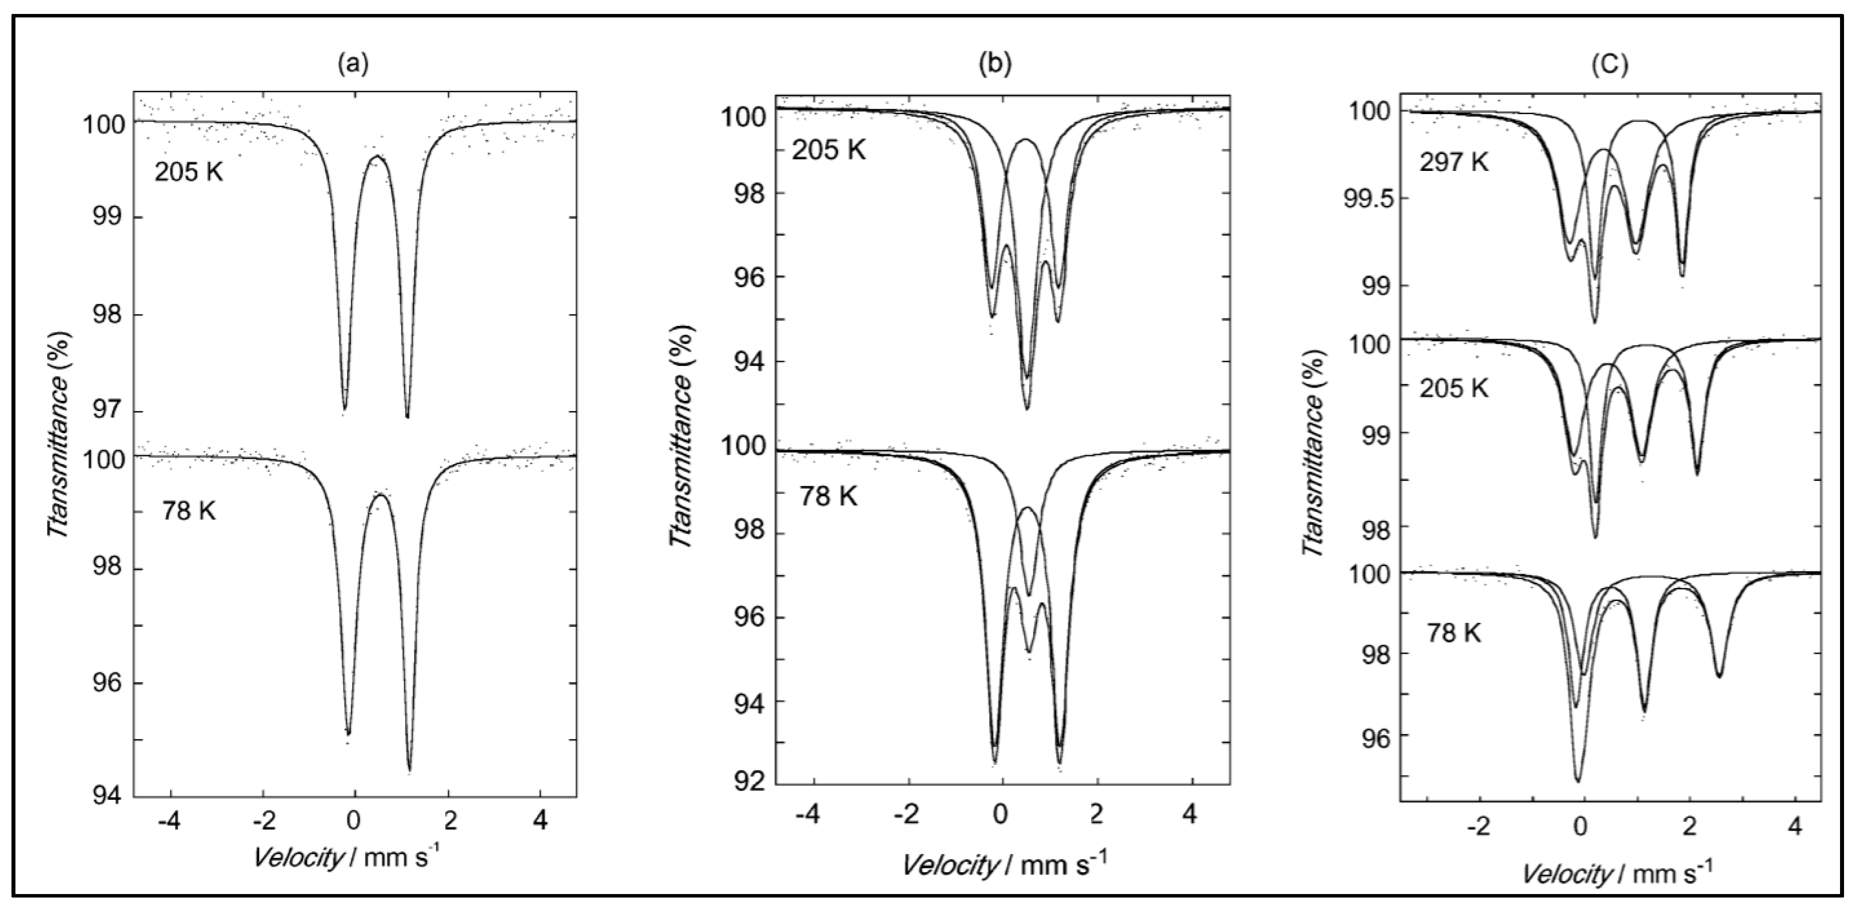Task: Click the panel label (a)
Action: [x=353, y=65]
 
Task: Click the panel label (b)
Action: [x=995, y=65]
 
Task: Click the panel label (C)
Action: [x=1608, y=65]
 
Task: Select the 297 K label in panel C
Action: [x=1453, y=162]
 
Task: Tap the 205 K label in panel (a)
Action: [x=188, y=172]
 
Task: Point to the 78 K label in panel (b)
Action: [x=828, y=496]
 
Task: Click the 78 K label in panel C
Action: [x=1453, y=633]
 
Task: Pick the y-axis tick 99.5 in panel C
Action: [x=1367, y=199]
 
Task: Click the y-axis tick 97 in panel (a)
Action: [x=109, y=413]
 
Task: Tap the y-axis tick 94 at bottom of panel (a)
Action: [x=109, y=796]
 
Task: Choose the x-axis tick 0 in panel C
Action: [x=1580, y=827]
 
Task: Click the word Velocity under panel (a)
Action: [x=298, y=857]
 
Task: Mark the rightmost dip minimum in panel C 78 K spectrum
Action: [x=1719, y=676]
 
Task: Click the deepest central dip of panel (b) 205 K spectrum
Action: [x=1026, y=408]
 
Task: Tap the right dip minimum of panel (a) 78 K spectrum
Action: [x=409, y=770]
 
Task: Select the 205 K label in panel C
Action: [x=1453, y=388]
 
